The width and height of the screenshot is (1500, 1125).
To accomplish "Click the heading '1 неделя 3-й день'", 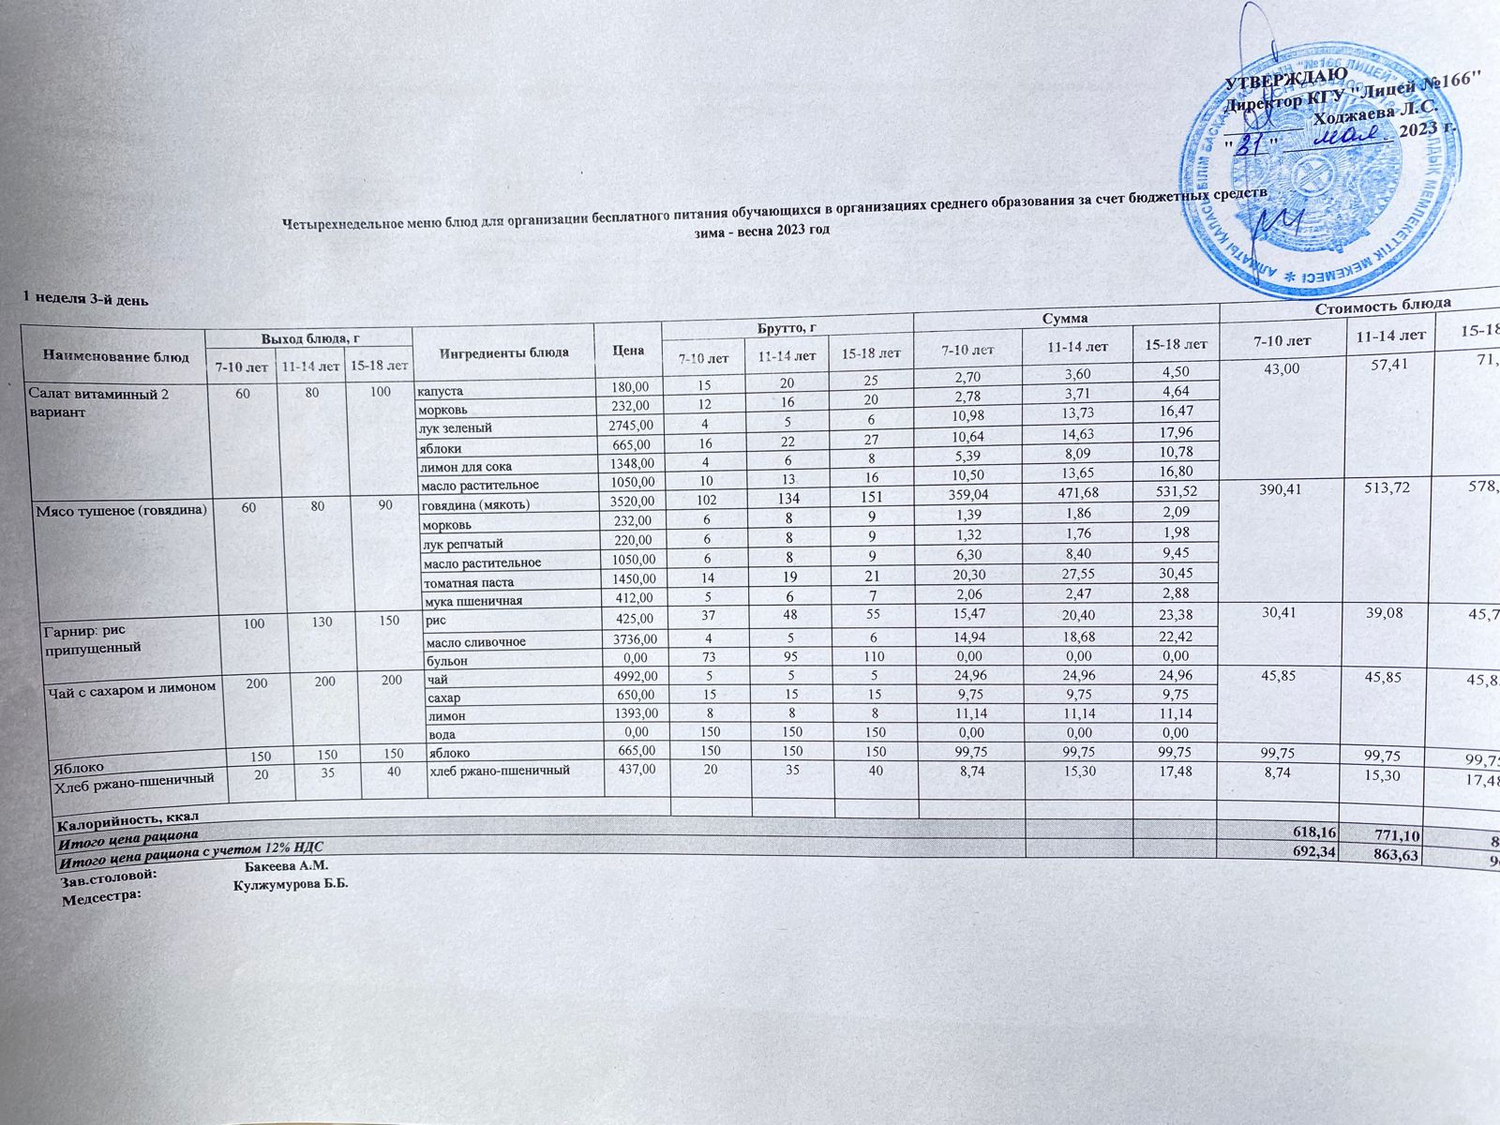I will (x=84, y=298).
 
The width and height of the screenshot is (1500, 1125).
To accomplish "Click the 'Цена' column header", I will (x=627, y=350).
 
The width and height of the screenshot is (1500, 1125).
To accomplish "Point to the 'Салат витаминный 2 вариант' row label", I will (x=97, y=402).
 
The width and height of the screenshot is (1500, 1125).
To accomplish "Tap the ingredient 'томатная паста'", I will (x=468, y=582).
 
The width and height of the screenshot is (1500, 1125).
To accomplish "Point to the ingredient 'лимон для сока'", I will (x=466, y=466).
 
